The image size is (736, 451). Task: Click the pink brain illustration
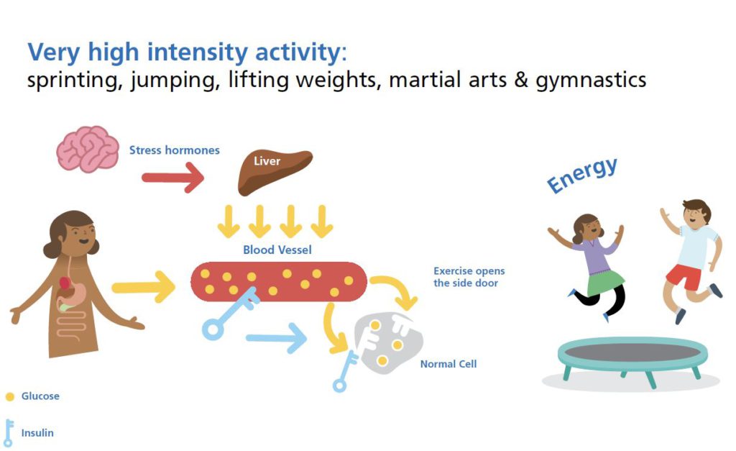coord(88,149)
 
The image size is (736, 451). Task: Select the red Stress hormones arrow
coord(173,178)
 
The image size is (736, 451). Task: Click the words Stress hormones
coord(174,150)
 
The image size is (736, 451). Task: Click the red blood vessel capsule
coord(278,281)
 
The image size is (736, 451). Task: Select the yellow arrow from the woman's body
coord(144,288)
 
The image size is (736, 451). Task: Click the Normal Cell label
coord(448,364)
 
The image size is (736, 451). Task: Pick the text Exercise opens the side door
coord(469,277)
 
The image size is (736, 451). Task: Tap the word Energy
coord(581,175)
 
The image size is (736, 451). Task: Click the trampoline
coord(632,355)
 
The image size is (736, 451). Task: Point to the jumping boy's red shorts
coord(682,277)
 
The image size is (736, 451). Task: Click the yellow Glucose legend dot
coord(10,396)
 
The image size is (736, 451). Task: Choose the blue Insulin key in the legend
coord(9,433)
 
